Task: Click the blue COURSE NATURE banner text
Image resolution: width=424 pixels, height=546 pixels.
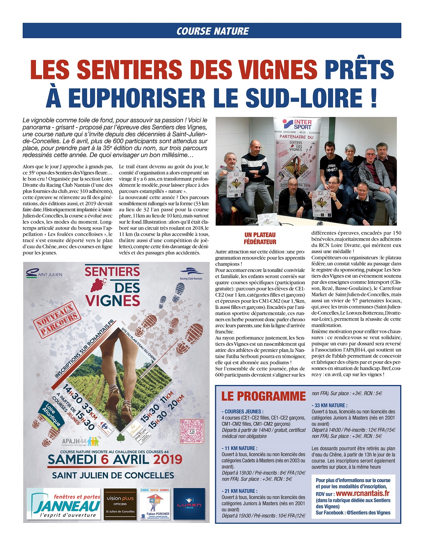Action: [212, 31]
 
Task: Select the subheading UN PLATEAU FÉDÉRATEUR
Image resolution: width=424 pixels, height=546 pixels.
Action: [260, 238]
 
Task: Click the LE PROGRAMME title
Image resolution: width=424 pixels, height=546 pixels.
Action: [263, 396]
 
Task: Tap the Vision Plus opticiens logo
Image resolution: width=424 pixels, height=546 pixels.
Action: [120, 504]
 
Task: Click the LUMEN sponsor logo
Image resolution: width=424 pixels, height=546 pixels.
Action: [189, 504]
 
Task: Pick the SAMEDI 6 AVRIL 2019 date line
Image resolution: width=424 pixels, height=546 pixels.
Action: [115, 459]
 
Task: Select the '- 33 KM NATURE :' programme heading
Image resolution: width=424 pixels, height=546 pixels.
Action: [330, 405]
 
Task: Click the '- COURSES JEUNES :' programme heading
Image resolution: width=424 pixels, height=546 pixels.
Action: [242, 411]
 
